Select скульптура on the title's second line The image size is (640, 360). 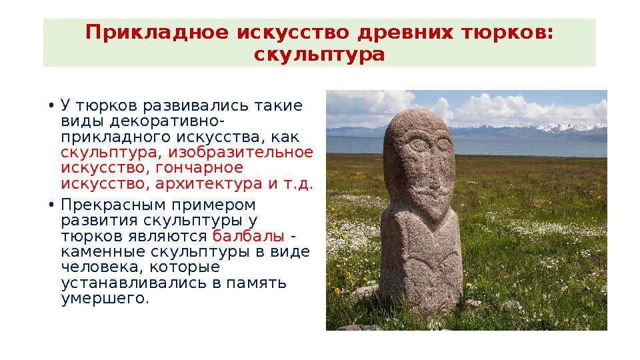pos(320,54)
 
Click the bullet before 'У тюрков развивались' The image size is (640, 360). pos(51,107)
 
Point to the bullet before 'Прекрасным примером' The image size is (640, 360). pos(51,205)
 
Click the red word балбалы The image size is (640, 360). pos(249,237)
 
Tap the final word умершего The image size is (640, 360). pos(104,299)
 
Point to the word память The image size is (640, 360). pos(260,283)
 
